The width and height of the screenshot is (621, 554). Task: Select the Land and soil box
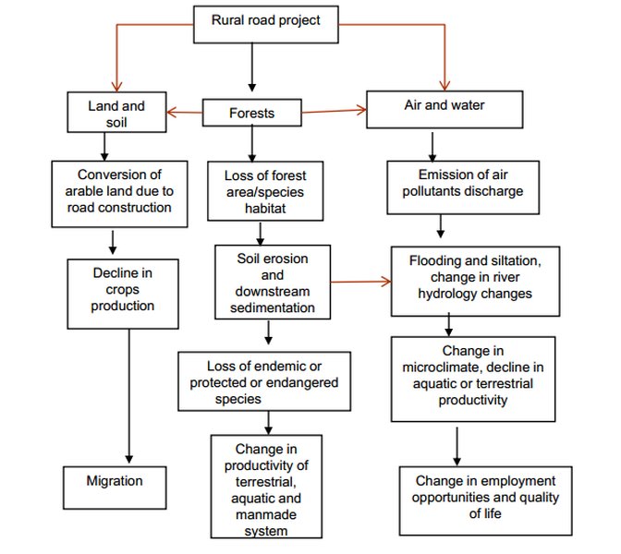point(116,113)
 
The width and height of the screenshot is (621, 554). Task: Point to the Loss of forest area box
point(265,191)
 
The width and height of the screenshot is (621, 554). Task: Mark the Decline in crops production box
point(123,290)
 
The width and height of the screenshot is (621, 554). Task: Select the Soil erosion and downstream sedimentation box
point(272,282)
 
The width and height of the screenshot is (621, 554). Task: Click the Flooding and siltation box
point(469,277)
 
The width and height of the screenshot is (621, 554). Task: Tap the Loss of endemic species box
point(264,380)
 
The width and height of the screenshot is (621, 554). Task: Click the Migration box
point(115,482)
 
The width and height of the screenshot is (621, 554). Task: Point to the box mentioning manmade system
point(265,486)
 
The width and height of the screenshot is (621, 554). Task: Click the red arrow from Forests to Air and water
point(335,112)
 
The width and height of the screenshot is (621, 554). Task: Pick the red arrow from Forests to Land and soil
point(185,113)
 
